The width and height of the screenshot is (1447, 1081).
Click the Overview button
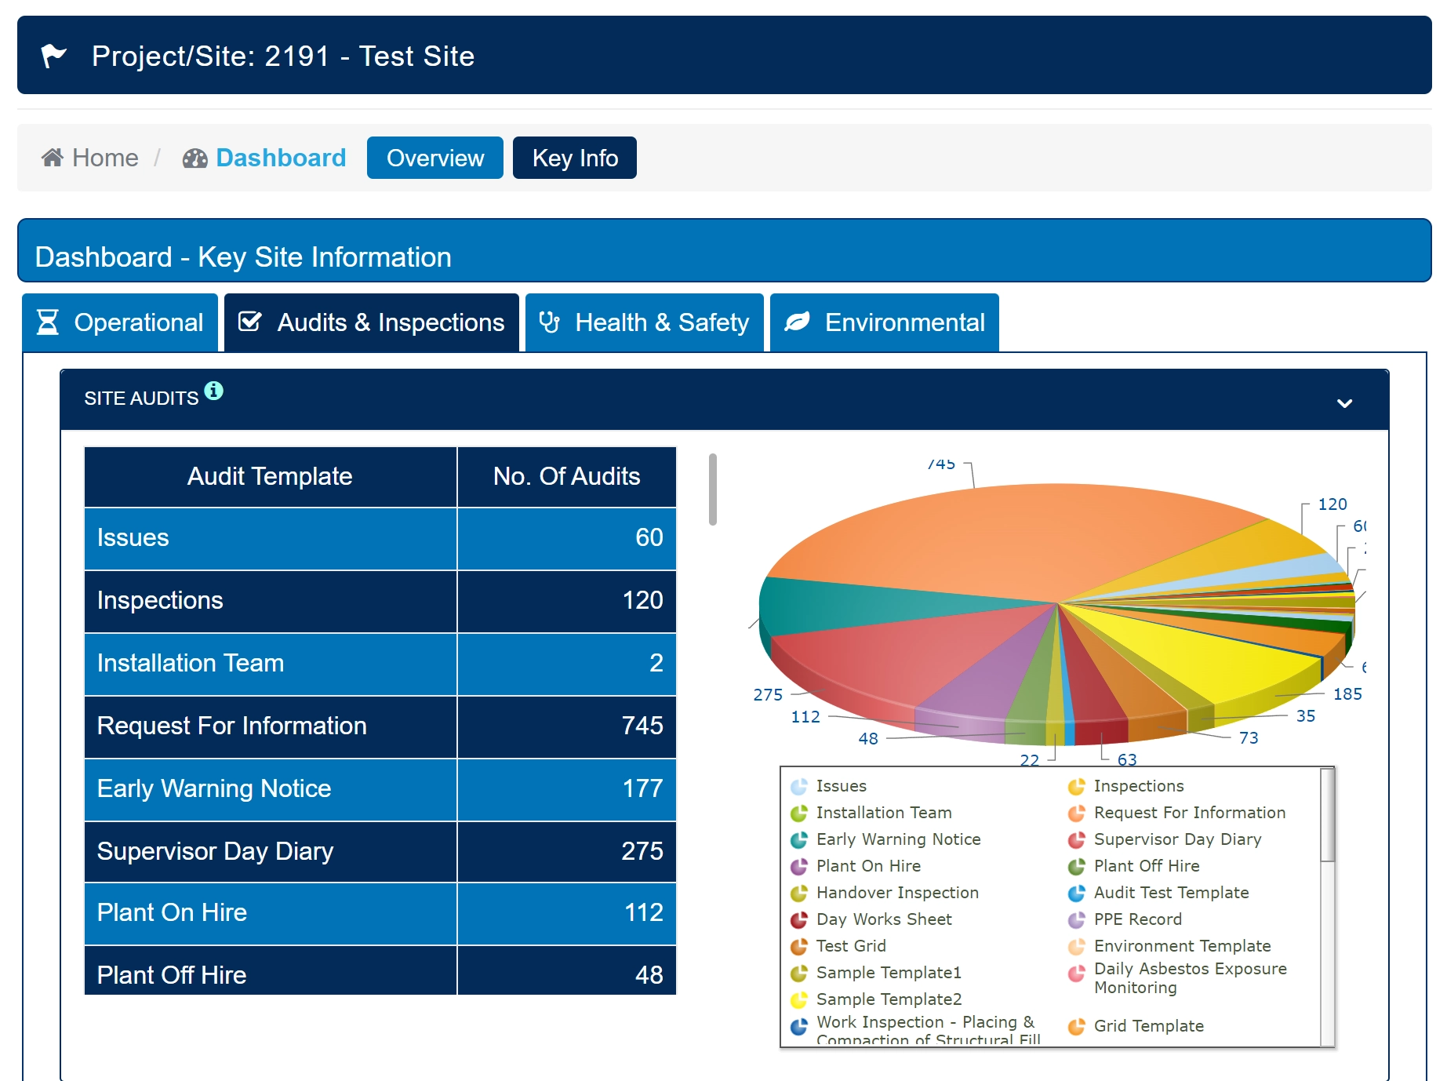[434, 158]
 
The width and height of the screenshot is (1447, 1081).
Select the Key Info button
[574, 158]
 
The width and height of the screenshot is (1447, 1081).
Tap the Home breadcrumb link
[90, 158]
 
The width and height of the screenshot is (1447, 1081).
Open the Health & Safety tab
[644, 322]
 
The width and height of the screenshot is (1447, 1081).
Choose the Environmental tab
[884, 322]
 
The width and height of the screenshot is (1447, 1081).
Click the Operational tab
[120, 322]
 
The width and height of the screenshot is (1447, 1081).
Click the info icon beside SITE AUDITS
[213, 391]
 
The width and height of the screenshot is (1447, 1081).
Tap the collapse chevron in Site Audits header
[1344, 403]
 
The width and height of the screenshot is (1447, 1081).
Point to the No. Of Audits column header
[566, 476]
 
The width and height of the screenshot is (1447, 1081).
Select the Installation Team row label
[191, 663]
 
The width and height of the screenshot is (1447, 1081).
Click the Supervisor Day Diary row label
[215, 851]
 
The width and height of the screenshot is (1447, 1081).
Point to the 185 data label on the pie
[1347, 694]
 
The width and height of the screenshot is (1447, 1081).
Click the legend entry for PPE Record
[1137, 919]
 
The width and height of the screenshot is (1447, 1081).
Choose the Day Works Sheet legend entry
[884, 919]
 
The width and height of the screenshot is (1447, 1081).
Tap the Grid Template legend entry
[1148, 1026]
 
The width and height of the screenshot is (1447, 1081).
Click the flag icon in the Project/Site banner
[53, 56]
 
